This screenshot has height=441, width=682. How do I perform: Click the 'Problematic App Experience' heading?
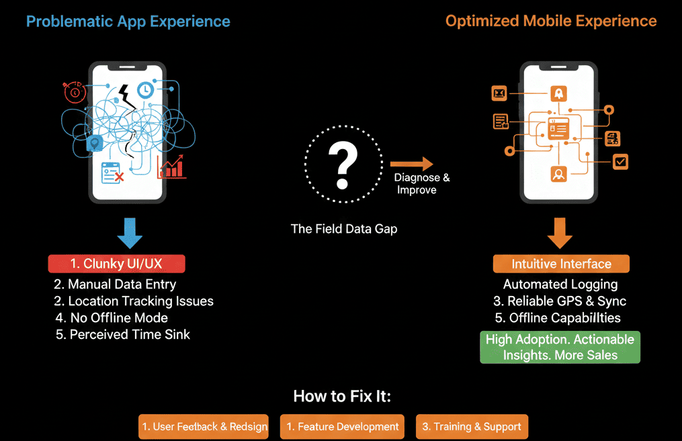click(128, 21)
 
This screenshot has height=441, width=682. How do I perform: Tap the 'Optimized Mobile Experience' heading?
click(551, 21)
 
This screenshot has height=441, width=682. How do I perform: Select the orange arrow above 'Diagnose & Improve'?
click(411, 164)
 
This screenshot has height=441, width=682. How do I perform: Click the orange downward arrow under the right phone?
click(559, 232)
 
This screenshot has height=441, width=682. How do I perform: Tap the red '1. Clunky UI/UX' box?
click(116, 264)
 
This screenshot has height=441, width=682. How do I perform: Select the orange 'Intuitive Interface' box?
click(561, 264)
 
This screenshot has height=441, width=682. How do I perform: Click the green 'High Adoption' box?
click(560, 347)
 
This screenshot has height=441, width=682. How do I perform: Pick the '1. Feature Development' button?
click(343, 426)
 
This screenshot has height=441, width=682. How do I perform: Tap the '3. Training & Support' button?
click(472, 426)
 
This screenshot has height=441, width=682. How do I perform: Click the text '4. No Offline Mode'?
click(112, 317)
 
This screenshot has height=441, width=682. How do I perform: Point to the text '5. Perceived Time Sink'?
click(123, 334)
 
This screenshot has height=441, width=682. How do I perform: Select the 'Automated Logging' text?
click(560, 284)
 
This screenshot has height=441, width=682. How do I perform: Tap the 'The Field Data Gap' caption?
click(343, 229)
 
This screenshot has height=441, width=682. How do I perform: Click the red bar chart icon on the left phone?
click(171, 167)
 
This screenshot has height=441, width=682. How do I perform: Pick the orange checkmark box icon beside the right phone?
click(620, 161)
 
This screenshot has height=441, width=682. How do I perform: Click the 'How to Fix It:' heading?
click(342, 396)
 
